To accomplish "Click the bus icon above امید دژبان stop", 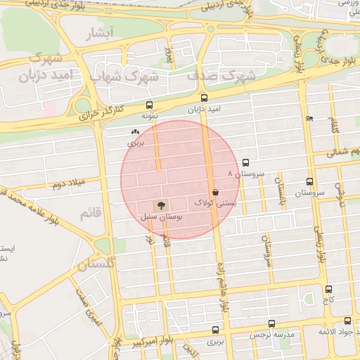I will click(x=205, y=98).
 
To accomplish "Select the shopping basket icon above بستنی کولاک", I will click(x=214, y=191).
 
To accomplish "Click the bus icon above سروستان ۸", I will click(x=245, y=162).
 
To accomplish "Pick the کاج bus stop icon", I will click(x=328, y=289).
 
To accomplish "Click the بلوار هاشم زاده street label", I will click(x=223, y=289).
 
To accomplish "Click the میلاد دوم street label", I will click(x=67, y=185).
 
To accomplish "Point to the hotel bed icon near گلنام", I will click(x=309, y=118).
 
